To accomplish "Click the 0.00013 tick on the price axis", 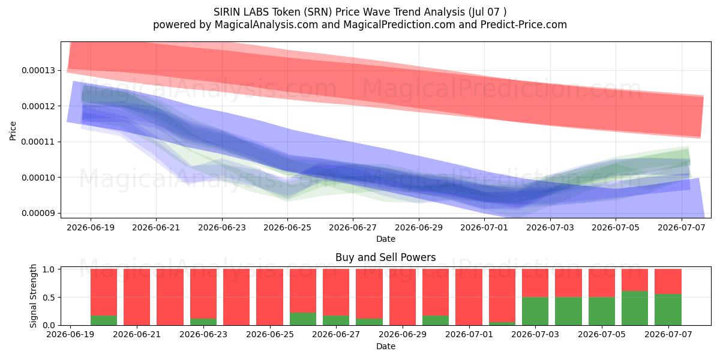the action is point(38,70).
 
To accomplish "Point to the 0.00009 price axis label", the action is point(38,213).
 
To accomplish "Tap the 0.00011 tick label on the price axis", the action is point(38,142).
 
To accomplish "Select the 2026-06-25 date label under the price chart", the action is point(287,227).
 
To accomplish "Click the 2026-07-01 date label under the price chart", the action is point(484,227).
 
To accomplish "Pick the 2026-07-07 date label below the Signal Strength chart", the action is point(668,334).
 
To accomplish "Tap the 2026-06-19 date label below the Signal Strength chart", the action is point(70,334).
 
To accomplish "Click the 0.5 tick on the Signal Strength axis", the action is point(49,298).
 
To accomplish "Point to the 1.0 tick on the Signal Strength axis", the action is point(49,269).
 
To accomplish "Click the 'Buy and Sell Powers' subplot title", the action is point(386,257).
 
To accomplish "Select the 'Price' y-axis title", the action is point(13,131).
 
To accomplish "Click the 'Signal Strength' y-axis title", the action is point(33,296).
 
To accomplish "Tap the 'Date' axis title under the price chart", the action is point(386,239).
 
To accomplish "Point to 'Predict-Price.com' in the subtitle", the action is point(524,25).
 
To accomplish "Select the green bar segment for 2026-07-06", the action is point(635,308).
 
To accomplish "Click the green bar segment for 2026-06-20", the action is point(104,320).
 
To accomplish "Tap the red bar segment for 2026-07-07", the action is point(668,281).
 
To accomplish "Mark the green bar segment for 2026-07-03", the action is point(535,311).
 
